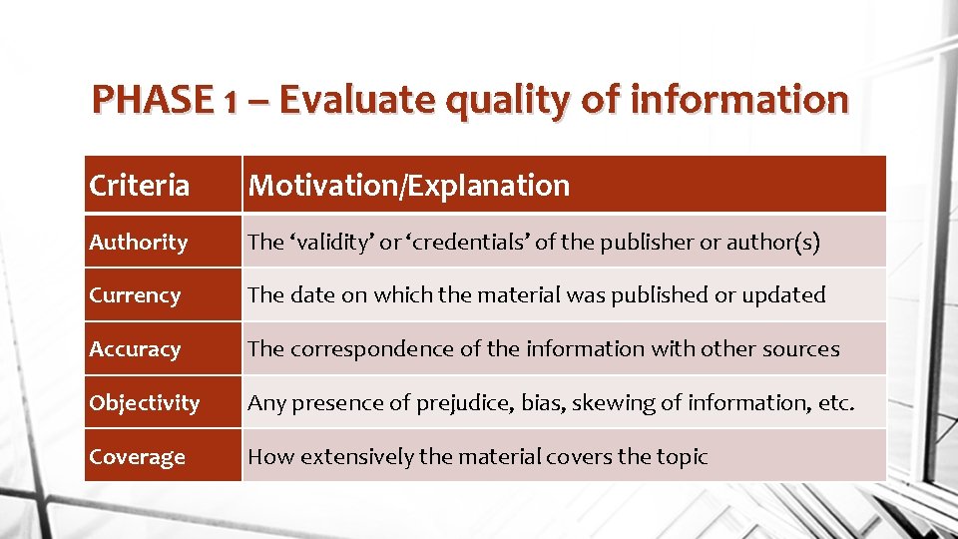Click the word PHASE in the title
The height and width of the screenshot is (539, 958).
tap(151, 100)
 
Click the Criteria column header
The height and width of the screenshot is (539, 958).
tap(139, 185)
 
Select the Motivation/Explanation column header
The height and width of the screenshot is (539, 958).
tap(409, 185)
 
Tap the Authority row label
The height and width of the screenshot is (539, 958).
tap(138, 242)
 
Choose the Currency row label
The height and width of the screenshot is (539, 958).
tap(135, 295)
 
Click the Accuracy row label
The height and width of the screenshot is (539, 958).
tap(135, 349)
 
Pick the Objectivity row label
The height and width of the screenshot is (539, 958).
tap(144, 403)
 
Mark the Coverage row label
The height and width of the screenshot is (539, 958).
tap(137, 457)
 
